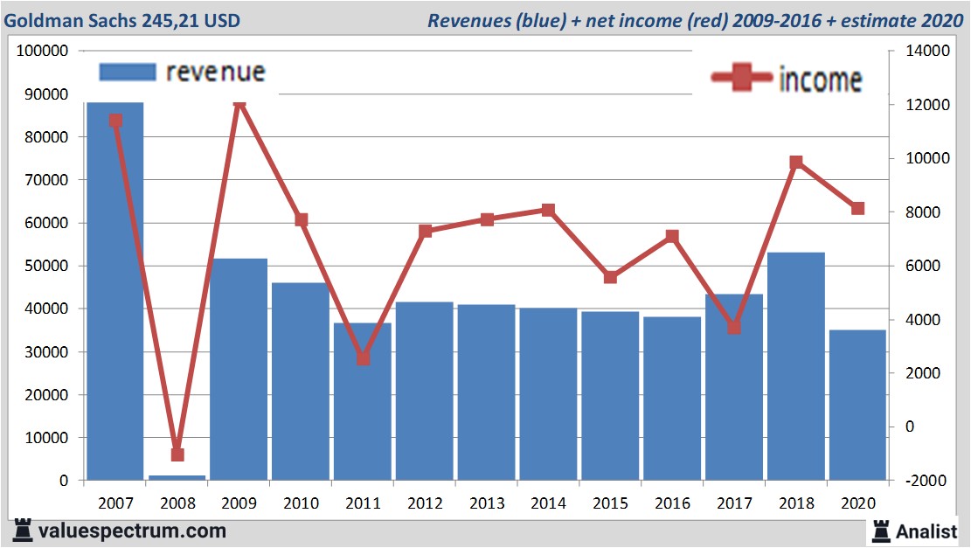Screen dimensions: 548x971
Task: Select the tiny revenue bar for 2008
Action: [x=177, y=477]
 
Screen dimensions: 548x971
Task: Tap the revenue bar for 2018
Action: [x=795, y=366]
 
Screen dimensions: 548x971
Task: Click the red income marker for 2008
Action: [x=177, y=454]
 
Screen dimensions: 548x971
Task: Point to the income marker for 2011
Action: [x=364, y=358]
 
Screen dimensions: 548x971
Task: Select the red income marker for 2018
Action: [x=796, y=163]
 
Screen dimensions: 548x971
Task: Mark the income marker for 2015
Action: [x=611, y=277]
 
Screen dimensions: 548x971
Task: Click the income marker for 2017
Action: [x=734, y=327]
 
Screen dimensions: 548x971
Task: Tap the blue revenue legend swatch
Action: [x=127, y=72]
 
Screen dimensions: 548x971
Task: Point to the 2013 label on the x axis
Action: [x=487, y=503]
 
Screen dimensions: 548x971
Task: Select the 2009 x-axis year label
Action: [x=239, y=503]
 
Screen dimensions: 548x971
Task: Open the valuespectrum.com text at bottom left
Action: [x=132, y=531]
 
